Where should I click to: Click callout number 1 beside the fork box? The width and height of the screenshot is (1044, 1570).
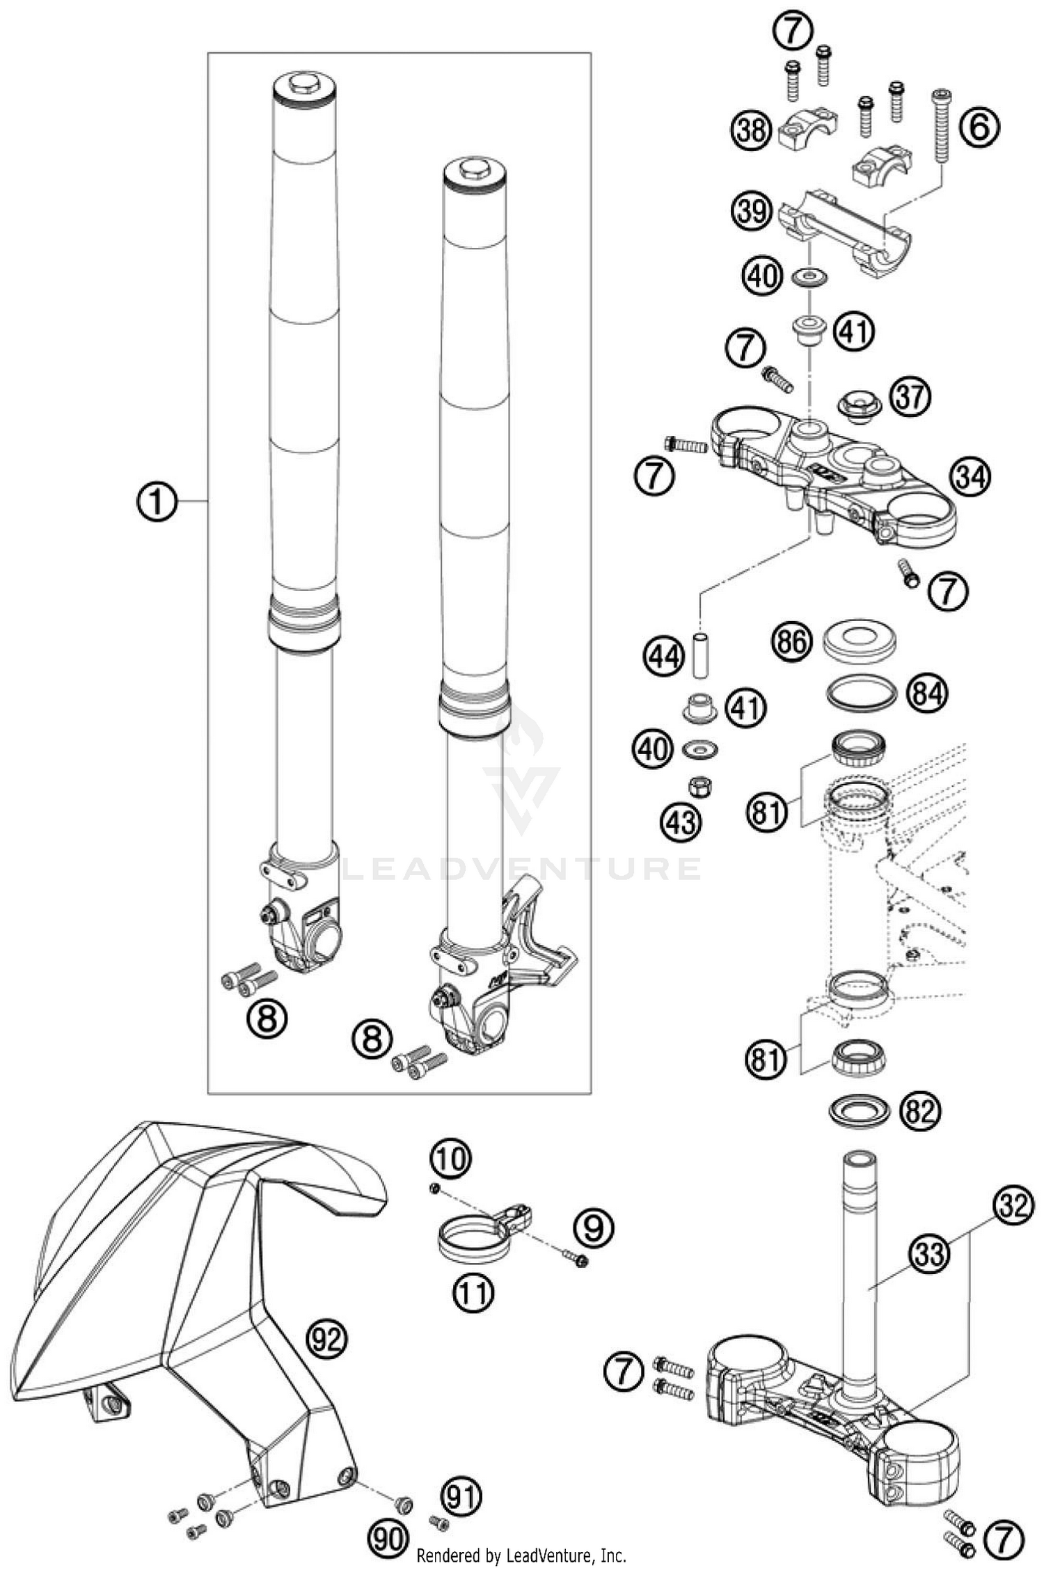pyautogui.click(x=158, y=501)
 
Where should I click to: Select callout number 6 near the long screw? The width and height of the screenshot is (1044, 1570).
pyautogui.click(x=979, y=128)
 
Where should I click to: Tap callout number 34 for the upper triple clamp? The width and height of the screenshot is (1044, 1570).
pyautogui.click(x=970, y=477)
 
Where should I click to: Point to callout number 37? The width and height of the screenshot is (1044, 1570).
pyautogui.click(x=910, y=398)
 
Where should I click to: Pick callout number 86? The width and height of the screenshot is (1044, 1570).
pyautogui.click(x=793, y=641)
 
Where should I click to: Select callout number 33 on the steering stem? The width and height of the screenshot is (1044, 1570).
pyautogui.click(x=931, y=1255)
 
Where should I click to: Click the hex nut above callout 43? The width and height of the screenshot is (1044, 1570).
pyautogui.click(x=698, y=787)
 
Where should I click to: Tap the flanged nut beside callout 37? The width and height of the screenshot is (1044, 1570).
pyautogui.click(x=857, y=406)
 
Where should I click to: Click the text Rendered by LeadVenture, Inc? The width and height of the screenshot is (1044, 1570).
pyautogui.click(x=521, y=1556)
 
